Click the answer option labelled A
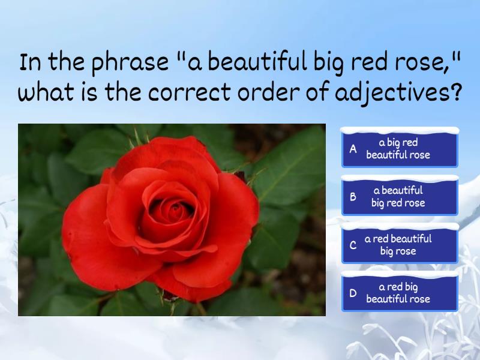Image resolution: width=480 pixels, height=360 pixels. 400,149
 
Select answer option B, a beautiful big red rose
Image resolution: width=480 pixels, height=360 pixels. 400,197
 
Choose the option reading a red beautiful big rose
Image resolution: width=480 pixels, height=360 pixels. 400,245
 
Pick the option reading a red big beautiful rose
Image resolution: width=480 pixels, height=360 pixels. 400,293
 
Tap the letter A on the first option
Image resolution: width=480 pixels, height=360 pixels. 353,149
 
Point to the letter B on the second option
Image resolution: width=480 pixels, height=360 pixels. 353,197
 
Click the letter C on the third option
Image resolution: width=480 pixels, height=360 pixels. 353,245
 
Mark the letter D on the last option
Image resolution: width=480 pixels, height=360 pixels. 353,293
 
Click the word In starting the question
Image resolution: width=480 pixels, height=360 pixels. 29,62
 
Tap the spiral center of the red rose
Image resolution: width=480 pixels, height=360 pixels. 175,211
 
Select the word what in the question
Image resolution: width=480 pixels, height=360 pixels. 46,94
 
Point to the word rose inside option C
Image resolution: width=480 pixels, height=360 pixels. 406,251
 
